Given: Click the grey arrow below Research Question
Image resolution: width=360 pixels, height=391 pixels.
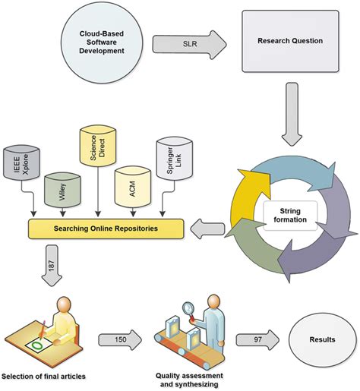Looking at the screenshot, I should [292, 118].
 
